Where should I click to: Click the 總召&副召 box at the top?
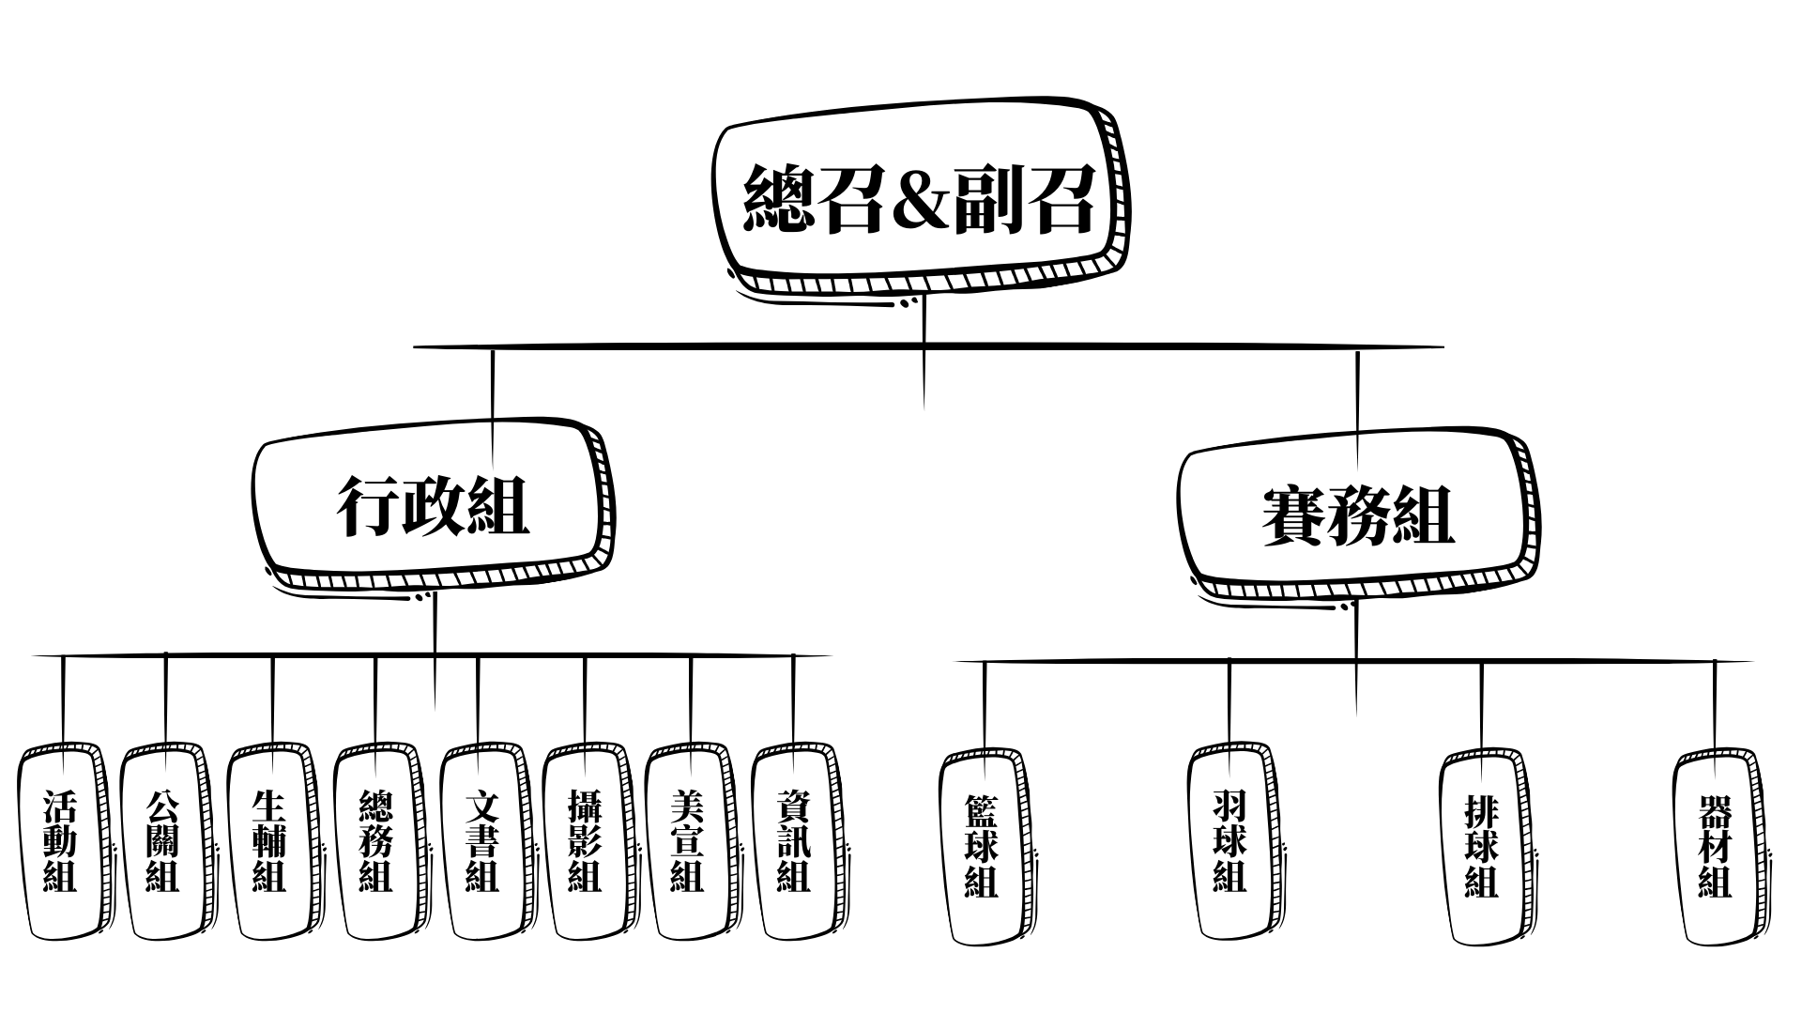[x=920, y=199]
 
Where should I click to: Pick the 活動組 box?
[x=60, y=841]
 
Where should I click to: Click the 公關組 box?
[x=162, y=841]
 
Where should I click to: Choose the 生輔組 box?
[x=269, y=841]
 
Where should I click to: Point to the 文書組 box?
[x=481, y=841]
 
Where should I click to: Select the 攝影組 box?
[x=585, y=841]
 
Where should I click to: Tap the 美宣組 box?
[x=687, y=841]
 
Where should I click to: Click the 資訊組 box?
[x=794, y=841]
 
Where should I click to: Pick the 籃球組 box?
[x=982, y=845]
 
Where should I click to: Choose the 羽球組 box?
[x=1229, y=841]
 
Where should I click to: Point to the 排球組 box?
[x=1481, y=845]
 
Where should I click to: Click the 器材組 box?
[x=1715, y=845]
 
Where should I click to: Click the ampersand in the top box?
[x=920, y=199]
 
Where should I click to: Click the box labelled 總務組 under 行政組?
[x=375, y=841]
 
